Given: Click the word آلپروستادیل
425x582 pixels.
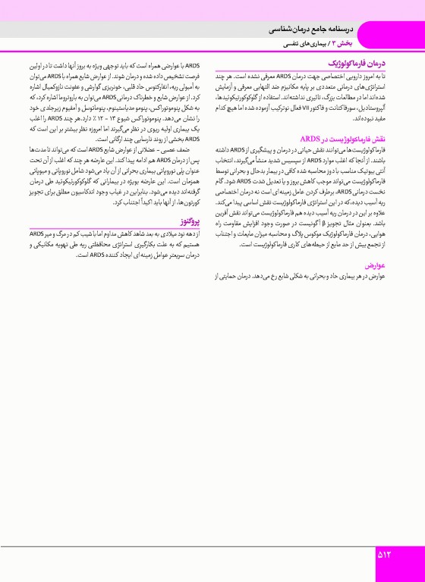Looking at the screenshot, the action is (382, 99).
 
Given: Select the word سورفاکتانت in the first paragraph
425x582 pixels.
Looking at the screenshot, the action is (348, 99).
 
